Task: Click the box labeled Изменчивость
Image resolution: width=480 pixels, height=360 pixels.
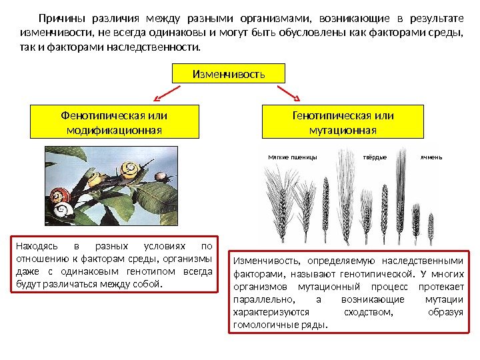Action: coord(229,73)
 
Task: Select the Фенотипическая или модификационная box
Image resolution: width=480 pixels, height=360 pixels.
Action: coord(115,121)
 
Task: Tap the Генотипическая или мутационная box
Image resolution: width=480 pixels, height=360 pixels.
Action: coord(343,121)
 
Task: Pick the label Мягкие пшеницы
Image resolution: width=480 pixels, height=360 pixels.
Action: coord(292,157)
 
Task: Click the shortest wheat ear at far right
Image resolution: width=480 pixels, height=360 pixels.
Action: coord(431,227)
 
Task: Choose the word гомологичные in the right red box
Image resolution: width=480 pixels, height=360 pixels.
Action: coord(261,326)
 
